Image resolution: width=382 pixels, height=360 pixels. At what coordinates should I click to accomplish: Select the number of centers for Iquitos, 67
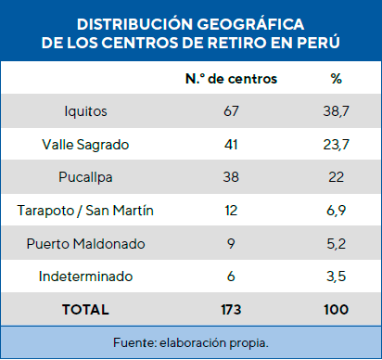point(232,111)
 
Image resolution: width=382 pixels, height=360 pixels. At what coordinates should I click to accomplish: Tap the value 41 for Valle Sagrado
point(232,145)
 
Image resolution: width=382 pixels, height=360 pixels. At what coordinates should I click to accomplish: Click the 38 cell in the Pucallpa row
point(232,177)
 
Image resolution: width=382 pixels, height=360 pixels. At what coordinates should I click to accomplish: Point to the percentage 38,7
point(336,111)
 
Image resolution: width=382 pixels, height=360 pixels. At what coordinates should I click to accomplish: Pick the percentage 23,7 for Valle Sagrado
point(336,145)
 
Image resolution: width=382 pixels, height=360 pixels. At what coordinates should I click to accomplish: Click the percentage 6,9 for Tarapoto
point(336,211)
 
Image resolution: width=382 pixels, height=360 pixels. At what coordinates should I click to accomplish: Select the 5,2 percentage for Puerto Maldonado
point(336,243)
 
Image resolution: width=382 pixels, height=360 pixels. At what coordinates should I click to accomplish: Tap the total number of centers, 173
point(232,309)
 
